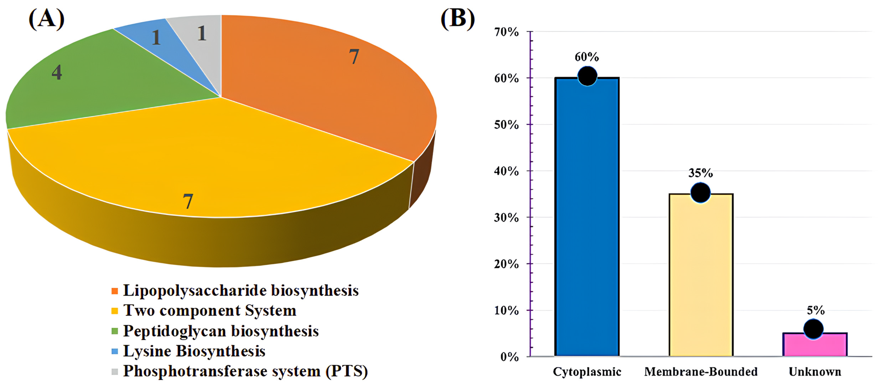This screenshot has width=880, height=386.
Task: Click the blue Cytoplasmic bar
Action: click(x=587, y=219)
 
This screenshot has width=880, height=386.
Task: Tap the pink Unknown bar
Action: click(x=815, y=345)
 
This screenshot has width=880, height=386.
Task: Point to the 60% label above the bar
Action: click(x=586, y=57)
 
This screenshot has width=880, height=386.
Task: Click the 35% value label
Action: click(x=700, y=173)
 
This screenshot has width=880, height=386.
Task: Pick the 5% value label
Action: click(x=816, y=310)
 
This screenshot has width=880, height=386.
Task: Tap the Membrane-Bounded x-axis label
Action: click(x=701, y=372)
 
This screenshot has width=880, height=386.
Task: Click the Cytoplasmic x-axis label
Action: click(x=587, y=372)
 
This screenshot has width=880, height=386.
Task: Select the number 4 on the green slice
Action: click(x=57, y=72)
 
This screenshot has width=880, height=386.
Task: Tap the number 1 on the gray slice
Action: click(x=202, y=33)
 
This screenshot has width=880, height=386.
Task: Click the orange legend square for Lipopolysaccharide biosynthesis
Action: click(x=115, y=291)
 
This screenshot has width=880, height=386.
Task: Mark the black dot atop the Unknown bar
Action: click(x=813, y=329)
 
